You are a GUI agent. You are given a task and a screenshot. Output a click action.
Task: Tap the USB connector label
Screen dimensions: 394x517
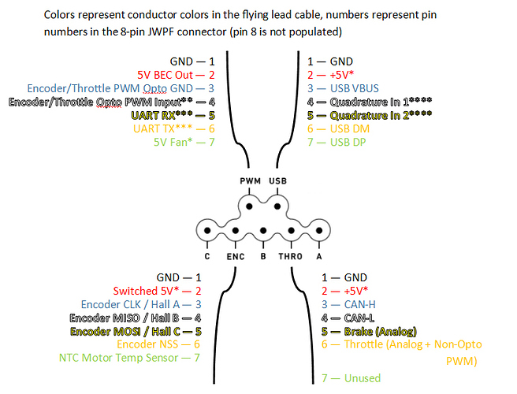pyautogui.click(x=278, y=181)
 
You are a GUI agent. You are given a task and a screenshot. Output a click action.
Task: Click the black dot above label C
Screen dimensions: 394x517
pyautogui.click(x=206, y=234)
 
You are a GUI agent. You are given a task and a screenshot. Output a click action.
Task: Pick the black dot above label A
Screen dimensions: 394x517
pyautogui.click(x=318, y=234)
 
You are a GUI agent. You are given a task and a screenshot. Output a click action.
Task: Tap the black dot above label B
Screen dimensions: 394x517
pyautogui.click(x=262, y=234)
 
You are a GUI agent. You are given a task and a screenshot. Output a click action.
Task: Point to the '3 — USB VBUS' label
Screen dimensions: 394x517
pyautogui.click(x=341, y=88)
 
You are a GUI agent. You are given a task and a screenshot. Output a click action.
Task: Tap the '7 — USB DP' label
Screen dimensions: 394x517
pyautogui.click(x=337, y=143)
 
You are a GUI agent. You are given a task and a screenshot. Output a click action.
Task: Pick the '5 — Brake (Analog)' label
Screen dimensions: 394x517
pyautogui.click(x=369, y=331)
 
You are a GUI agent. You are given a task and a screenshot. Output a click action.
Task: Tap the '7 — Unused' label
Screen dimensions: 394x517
pyautogui.click(x=351, y=378)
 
